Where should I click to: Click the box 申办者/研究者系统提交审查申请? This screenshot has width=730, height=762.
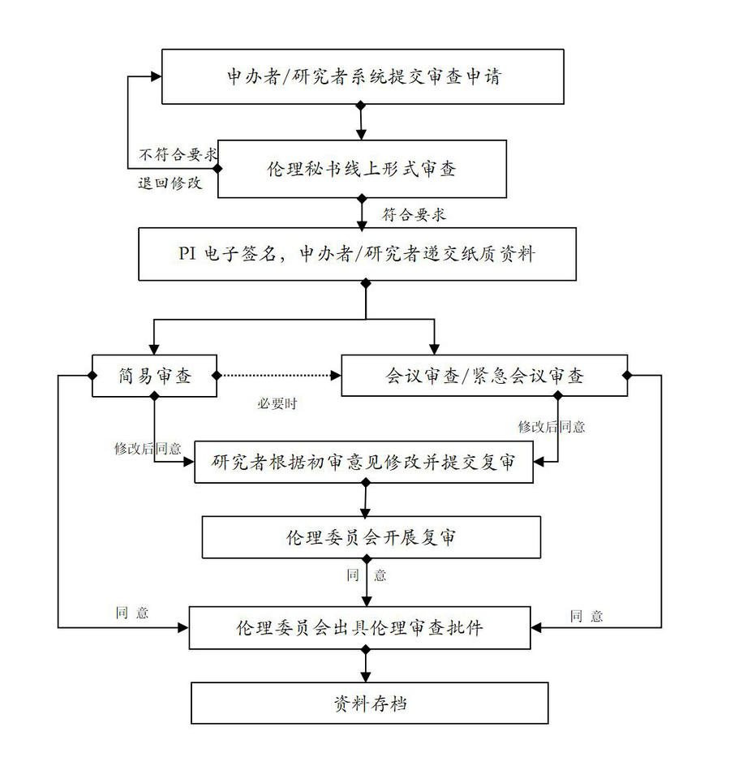(x=363, y=76)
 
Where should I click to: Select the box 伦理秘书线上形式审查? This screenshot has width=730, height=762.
(x=362, y=169)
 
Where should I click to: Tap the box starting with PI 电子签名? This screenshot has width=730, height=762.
(x=357, y=254)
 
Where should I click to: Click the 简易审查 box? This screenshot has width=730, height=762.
(x=154, y=376)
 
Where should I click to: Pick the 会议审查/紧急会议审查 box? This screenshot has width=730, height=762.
(x=483, y=376)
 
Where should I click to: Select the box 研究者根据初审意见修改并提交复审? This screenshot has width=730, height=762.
(x=363, y=463)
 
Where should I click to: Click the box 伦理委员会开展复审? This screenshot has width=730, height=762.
(x=371, y=537)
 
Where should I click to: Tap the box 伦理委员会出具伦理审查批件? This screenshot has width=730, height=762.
(x=360, y=627)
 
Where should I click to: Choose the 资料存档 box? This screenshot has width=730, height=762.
(x=370, y=703)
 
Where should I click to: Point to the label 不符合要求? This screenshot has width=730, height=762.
(x=178, y=154)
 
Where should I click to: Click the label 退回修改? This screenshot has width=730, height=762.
(x=170, y=183)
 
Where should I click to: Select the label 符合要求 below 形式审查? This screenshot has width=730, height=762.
(x=414, y=215)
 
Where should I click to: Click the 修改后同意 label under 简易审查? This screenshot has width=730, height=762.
(x=148, y=448)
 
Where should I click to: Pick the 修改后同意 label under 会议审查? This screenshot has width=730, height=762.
(x=552, y=426)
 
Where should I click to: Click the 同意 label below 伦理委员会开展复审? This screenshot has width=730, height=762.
(x=367, y=575)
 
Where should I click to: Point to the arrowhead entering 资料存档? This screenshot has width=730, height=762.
(x=366, y=676)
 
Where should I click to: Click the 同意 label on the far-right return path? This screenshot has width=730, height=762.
(x=586, y=616)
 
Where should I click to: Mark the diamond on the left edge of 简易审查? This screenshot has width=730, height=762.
(x=92, y=375)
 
